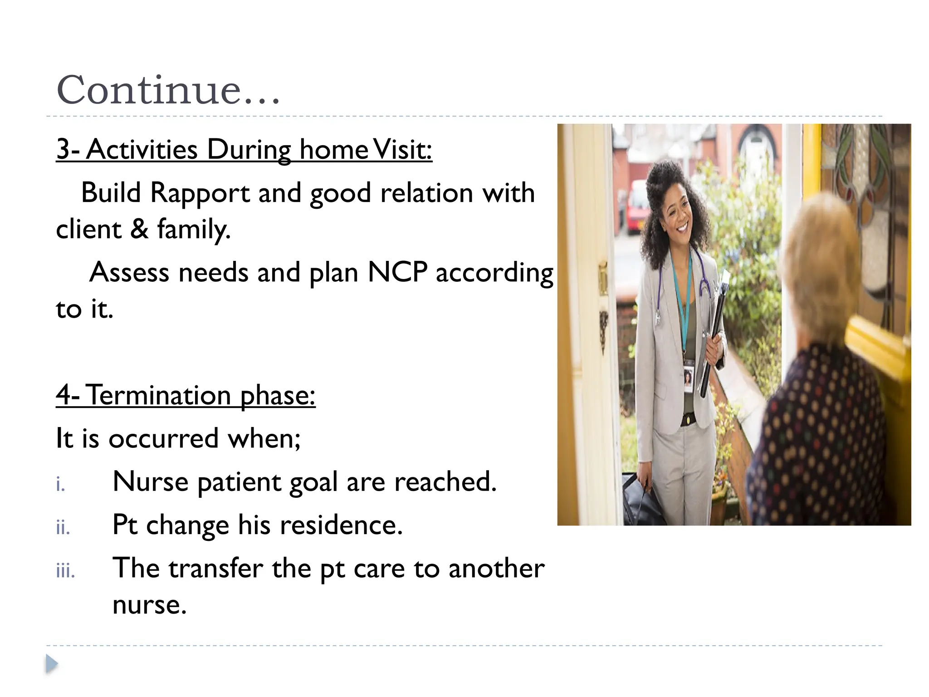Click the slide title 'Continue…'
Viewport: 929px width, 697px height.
click(168, 89)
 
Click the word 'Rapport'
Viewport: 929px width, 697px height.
click(200, 193)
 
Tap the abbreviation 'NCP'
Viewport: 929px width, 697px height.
click(397, 272)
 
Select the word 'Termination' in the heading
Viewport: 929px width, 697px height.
click(158, 395)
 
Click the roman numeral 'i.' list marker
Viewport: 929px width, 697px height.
click(61, 485)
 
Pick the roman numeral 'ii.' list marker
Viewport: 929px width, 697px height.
click(63, 528)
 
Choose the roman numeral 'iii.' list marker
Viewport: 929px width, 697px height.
click(65, 571)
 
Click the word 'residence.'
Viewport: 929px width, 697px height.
click(341, 525)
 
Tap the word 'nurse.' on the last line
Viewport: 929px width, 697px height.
click(150, 605)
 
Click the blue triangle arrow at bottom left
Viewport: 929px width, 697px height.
click(52, 664)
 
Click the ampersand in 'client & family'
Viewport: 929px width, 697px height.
click(139, 229)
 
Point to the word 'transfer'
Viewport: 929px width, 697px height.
click(215, 568)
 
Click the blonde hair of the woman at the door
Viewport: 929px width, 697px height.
click(821, 254)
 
